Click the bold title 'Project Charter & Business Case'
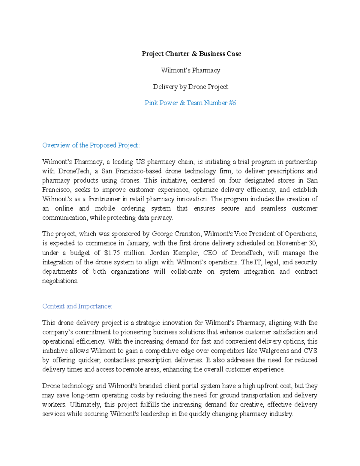click(x=191, y=54)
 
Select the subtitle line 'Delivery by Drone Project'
click(x=190, y=87)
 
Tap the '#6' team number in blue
click(x=232, y=103)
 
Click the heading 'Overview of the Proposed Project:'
click(x=91, y=145)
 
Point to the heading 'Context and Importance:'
click(x=77, y=306)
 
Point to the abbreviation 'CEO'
click(x=210, y=253)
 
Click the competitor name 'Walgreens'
click(x=273, y=350)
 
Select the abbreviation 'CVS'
click(x=310, y=350)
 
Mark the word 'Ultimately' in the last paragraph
click(x=85, y=404)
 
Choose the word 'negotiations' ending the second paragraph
click(x=60, y=281)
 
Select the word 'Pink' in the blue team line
click(x=151, y=103)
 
